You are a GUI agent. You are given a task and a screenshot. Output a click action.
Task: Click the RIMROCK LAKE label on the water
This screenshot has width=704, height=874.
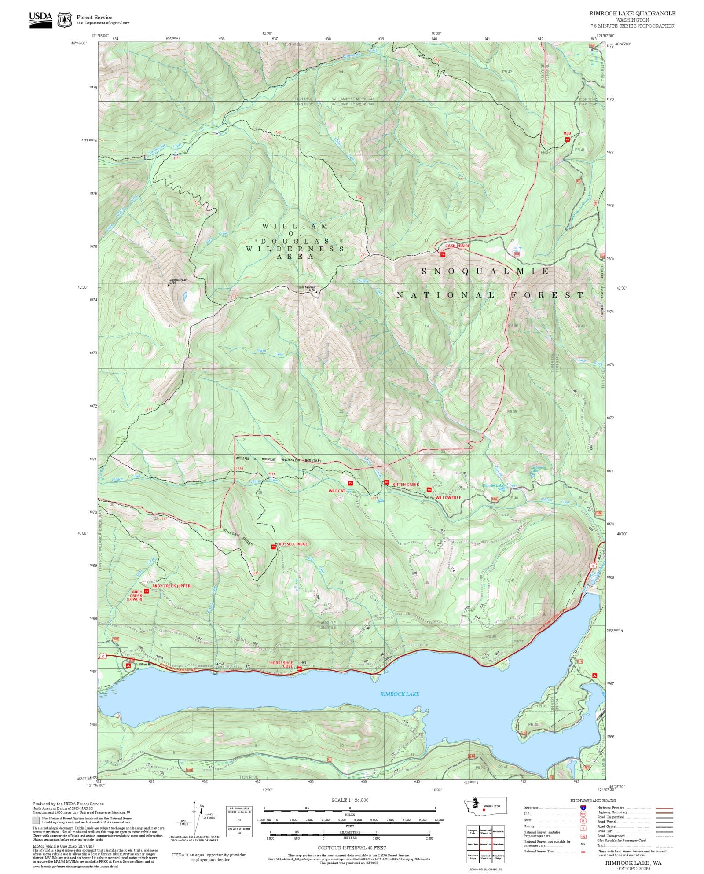400,694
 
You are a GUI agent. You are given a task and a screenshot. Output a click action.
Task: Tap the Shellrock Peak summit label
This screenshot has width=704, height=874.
178,280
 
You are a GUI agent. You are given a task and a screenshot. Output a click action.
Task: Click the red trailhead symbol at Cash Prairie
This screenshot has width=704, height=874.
443,254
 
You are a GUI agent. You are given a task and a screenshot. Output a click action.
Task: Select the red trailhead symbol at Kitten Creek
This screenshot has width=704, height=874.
386,482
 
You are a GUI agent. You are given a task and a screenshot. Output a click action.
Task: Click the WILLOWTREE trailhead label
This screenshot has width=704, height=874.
448,498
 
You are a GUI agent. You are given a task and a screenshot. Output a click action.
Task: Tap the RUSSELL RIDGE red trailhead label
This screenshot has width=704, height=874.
293,544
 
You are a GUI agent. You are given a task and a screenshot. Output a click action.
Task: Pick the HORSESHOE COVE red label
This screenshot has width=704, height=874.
281,665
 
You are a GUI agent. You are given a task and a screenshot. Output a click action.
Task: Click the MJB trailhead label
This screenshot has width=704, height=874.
567,133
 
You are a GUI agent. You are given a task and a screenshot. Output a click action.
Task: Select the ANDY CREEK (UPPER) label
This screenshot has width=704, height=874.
172,586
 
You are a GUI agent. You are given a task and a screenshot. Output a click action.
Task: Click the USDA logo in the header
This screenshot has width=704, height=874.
40,20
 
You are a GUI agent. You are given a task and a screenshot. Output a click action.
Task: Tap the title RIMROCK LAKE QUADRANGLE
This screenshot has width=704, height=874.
632,14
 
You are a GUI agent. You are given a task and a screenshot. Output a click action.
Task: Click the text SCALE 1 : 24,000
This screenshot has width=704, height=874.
350,800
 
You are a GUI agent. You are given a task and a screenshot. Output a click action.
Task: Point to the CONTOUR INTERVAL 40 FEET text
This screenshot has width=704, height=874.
352,848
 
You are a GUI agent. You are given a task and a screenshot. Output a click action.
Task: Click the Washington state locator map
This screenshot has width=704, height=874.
484,806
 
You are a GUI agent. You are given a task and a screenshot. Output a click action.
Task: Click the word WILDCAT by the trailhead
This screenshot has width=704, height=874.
337,491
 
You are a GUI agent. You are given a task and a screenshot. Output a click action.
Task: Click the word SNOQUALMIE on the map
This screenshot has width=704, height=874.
485,272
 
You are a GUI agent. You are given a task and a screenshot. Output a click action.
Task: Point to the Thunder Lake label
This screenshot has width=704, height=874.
493,486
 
